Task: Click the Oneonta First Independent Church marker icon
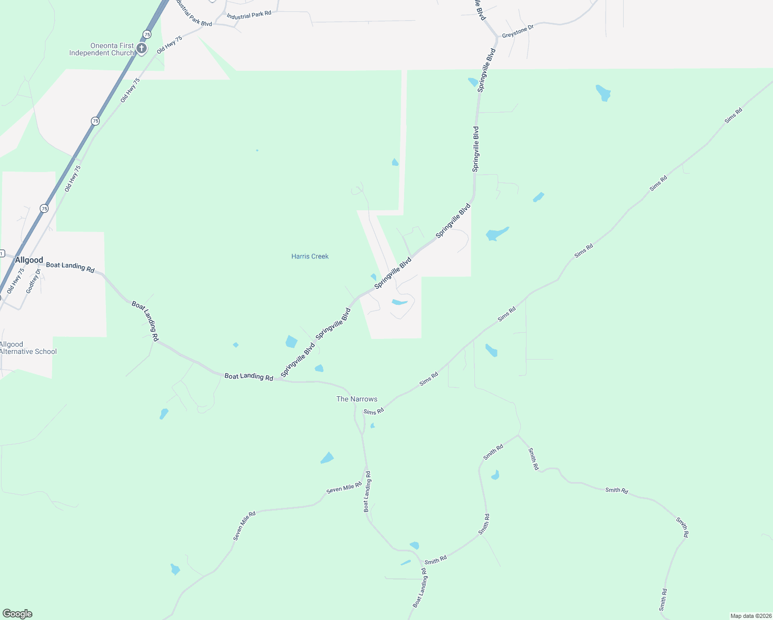coord(142,49)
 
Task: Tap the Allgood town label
coord(29,260)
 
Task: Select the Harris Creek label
coord(310,256)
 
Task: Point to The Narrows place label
coord(357,399)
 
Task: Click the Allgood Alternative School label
coord(28,348)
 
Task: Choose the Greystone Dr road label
coord(517,30)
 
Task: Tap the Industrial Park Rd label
coord(249,16)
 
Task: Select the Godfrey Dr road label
coord(33,281)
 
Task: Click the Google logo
coord(18,614)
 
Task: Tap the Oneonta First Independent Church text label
coord(102,49)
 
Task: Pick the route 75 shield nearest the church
coord(147,34)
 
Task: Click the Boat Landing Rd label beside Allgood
coord(70,267)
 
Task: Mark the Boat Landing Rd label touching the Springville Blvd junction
coord(249,377)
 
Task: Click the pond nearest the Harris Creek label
coord(373,277)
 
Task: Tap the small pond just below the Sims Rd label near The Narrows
coord(372,426)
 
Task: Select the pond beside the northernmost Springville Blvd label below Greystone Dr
coord(473,82)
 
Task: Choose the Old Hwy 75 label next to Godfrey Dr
coord(16,281)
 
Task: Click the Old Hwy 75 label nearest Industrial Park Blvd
coord(170,44)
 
